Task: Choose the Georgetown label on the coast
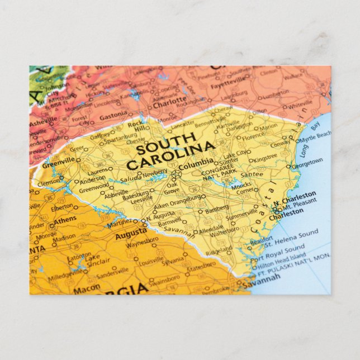(x=307, y=163)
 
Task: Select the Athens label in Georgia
(x=65, y=220)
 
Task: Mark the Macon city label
(x=87, y=288)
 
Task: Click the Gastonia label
(x=113, y=116)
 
